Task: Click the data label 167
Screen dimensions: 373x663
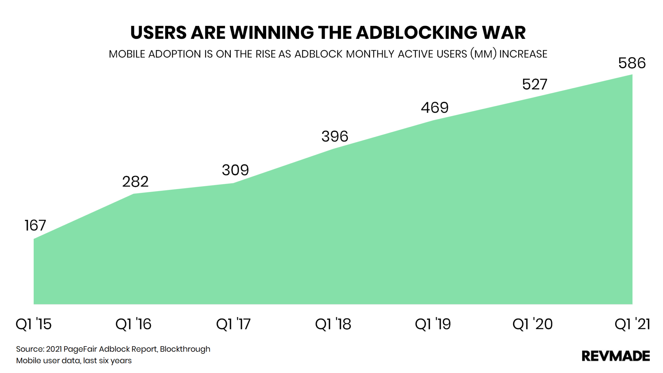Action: coord(35,225)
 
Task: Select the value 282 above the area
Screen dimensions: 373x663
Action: coord(135,182)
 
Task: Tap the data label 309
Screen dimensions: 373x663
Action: coord(235,170)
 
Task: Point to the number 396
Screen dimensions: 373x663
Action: coord(335,136)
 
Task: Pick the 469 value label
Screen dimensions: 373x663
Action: coord(434,107)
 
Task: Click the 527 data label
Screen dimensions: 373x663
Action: coord(534,85)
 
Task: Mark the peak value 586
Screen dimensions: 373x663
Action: coord(632,63)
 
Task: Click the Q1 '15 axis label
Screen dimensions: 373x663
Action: coord(34,324)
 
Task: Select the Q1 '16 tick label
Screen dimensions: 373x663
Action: coord(133,324)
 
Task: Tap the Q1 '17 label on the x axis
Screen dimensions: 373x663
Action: coord(233,324)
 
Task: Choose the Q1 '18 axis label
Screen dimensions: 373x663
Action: coord(333,324)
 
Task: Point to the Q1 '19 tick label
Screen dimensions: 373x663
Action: coord(433,324)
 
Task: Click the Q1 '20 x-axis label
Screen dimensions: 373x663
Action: coord(533,324)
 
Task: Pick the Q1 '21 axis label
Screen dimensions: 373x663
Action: coord(632,324)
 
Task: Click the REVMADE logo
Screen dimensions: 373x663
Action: coord(615,356)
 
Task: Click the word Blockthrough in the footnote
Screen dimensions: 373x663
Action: coord(185,349)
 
